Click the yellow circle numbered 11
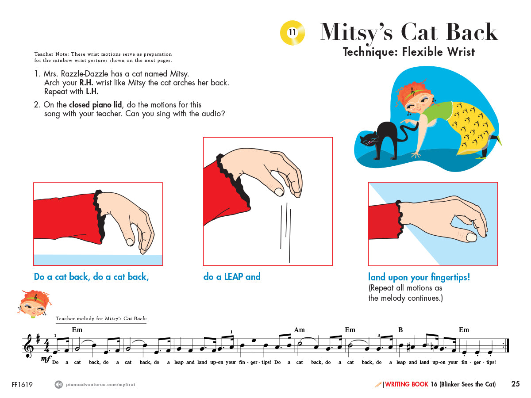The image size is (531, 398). point(292,32)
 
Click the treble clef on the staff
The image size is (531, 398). point(30,347)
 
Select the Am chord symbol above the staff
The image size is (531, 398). point(300,330)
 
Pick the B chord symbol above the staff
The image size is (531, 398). point(400,330)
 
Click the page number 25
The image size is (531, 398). point(515,384)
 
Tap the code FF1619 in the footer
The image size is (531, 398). point(22,384)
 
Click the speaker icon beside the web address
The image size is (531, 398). point(58,384)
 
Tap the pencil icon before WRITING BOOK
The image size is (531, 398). point(378,384)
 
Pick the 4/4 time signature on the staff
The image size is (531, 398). point(46,346)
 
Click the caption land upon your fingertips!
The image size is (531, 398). point(419,277)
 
